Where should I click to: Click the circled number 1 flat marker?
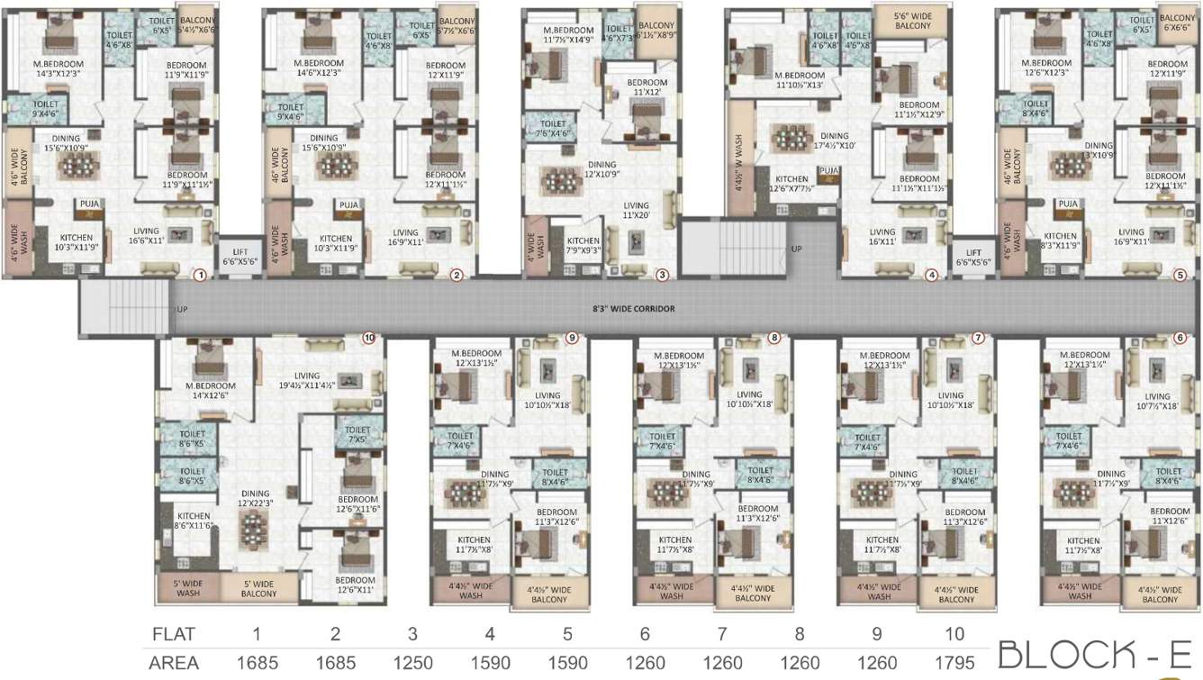click(200, 275)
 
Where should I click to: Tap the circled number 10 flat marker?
click(368, 338)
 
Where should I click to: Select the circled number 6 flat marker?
click(1180, 338)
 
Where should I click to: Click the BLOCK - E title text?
click(1095, 655)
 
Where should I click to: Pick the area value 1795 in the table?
click(954, 662)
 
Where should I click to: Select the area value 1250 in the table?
click(412, 662)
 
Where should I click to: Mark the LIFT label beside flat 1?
click(240, 255)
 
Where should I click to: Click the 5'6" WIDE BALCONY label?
click(913, 21)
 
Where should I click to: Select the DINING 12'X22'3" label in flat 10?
click(255, 499)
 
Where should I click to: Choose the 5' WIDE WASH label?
click(187, 587)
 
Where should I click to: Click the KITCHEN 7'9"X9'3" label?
click(583, 246)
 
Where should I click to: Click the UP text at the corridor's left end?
click(183, 309)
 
